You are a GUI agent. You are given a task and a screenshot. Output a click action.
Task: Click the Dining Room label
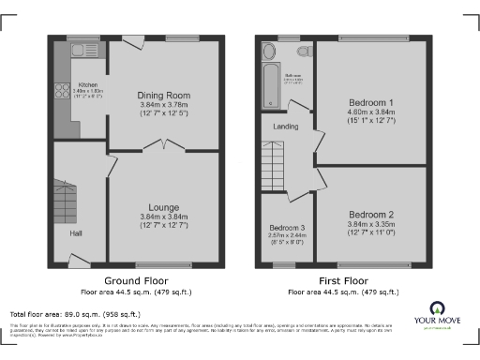[x=164, y=95]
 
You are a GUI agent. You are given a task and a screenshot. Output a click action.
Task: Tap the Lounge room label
[x=164, y=207]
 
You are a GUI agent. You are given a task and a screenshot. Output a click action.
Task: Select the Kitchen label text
[x=87, y=84]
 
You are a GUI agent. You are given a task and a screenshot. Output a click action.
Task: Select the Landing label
[x=286, y=128]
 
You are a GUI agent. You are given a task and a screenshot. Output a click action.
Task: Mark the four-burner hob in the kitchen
[x=62, y=91]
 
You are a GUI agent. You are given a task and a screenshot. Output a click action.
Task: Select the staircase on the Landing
[x=274, y=162]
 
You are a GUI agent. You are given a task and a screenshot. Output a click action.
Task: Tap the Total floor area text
[x=75, y=314]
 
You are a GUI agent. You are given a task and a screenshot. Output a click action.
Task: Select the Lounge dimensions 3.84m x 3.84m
[x=164, y=217]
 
